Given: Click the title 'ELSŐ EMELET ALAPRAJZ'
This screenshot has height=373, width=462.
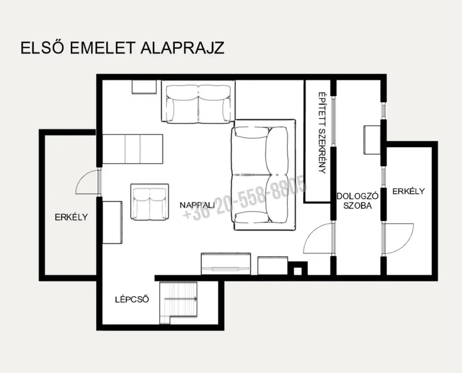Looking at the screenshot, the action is coord(123,48).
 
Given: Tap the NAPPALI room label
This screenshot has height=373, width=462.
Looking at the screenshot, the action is coord(197,205).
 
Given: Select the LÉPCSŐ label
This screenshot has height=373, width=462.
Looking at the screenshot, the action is coord(132,299).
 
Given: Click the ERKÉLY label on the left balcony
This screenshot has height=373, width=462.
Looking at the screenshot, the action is coord(71,217).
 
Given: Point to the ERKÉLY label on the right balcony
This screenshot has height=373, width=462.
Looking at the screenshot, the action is coord(408,191).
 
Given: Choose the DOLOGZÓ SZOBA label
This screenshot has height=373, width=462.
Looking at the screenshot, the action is coord(357,201).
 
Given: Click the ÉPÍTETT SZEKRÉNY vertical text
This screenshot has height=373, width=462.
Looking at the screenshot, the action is coord(322,133).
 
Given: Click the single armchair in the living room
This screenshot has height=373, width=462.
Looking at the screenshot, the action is coord(150,202).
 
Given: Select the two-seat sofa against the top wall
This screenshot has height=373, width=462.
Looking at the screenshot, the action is coord(198,102).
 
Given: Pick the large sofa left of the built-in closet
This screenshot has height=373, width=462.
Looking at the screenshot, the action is coord(263,175).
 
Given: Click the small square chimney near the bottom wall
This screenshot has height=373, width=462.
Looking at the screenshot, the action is coord(298,268).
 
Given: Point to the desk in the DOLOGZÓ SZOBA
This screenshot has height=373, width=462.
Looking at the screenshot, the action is coord(372,140).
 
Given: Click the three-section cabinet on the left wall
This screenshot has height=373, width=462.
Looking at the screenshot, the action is coord(133,149).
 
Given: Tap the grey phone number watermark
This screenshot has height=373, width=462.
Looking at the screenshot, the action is coord(245,198).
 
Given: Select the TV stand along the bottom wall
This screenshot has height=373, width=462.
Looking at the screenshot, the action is coord(226,264).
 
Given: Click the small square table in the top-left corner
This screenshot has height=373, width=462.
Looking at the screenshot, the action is coord(144,87).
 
